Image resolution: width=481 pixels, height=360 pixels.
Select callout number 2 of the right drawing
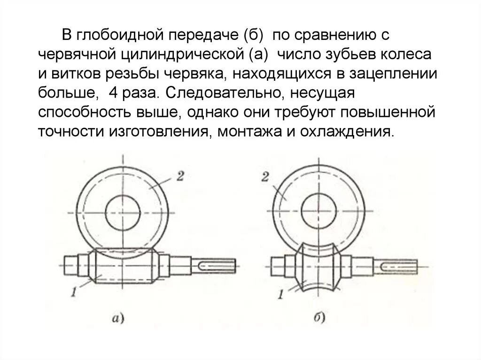pos(265,177)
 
